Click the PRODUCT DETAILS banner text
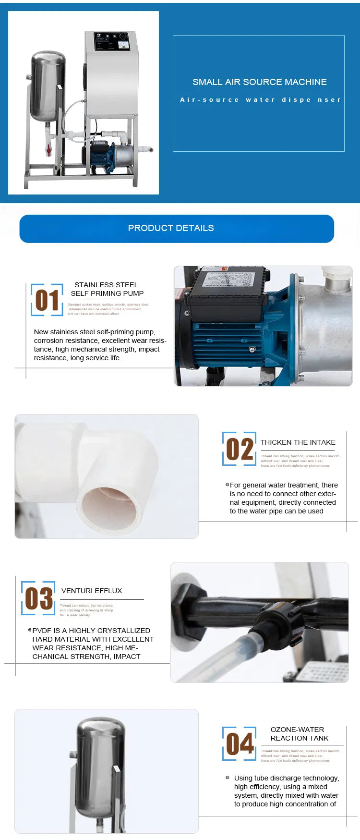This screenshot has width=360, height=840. (171, 228)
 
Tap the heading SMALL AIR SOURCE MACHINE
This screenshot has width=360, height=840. (259, 82)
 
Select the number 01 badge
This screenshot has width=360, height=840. (47, 300)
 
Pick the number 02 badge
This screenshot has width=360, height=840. (240, 449)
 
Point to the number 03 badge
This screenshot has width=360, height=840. (38, 598)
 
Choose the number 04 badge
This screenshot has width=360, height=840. (240, 744)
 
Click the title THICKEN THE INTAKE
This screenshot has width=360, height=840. (298, 442)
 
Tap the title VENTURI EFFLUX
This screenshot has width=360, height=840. (92, 591)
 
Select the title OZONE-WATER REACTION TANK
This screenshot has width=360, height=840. (299, 734)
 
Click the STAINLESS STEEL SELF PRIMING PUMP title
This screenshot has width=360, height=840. (107, 289)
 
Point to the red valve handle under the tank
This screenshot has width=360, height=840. (48, 150)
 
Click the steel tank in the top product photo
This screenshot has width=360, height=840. (48, 86)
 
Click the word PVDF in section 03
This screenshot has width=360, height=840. (42, 631)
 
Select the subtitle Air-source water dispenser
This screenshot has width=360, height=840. (260, 100)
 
